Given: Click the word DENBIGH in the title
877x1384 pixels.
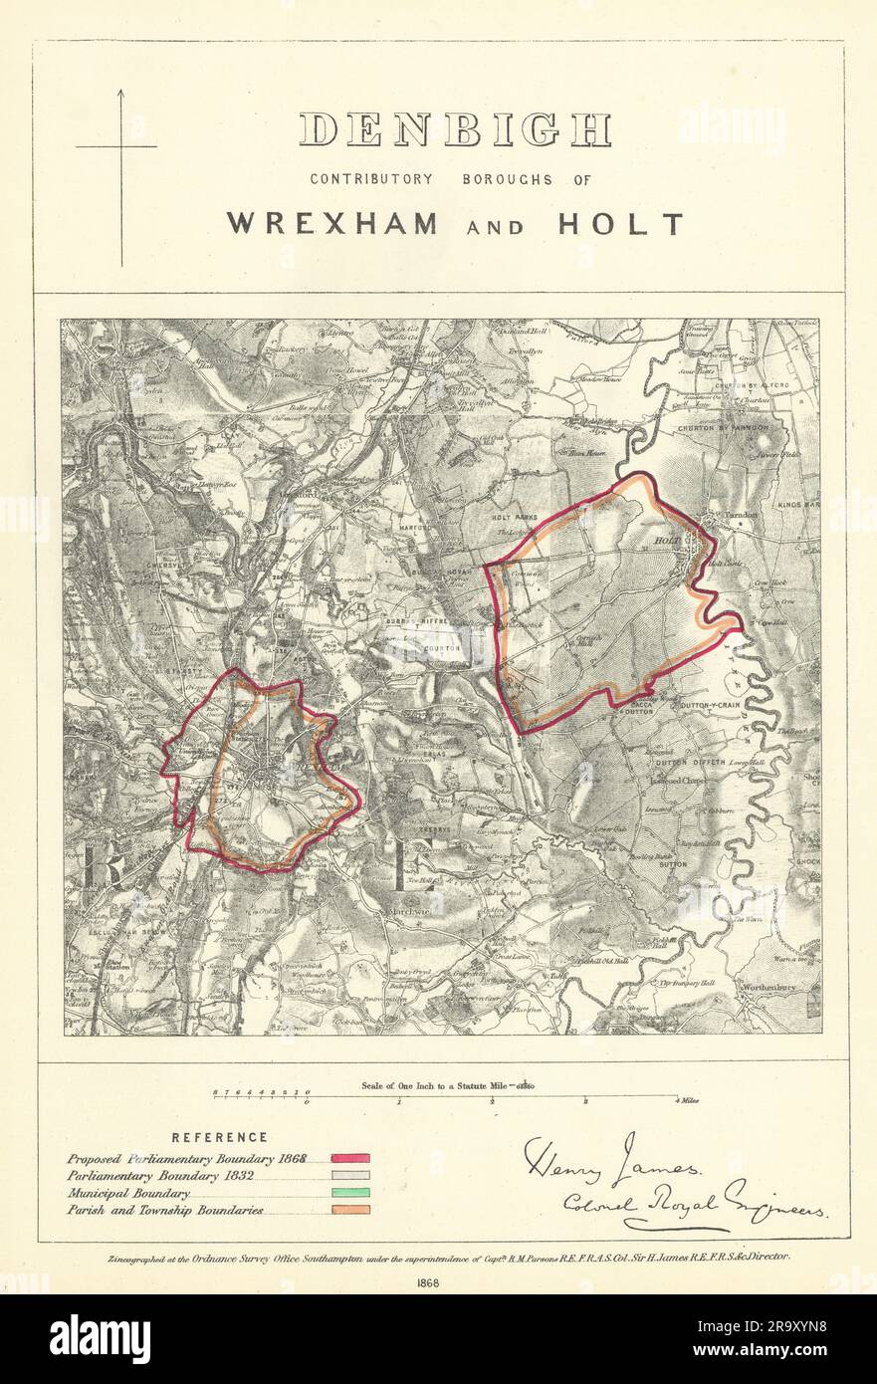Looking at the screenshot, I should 455,129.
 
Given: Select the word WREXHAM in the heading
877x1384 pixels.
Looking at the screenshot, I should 331,223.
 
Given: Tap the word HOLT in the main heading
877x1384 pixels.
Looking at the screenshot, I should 635,223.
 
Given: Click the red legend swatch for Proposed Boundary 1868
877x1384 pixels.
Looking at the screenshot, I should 350,1158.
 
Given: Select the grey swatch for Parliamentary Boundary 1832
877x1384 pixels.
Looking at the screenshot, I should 350,1175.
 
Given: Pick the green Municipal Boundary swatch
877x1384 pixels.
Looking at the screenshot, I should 350,1192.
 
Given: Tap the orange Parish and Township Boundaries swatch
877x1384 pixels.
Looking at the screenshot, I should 350,1209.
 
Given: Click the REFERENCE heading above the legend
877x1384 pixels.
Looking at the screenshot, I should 219,1136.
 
